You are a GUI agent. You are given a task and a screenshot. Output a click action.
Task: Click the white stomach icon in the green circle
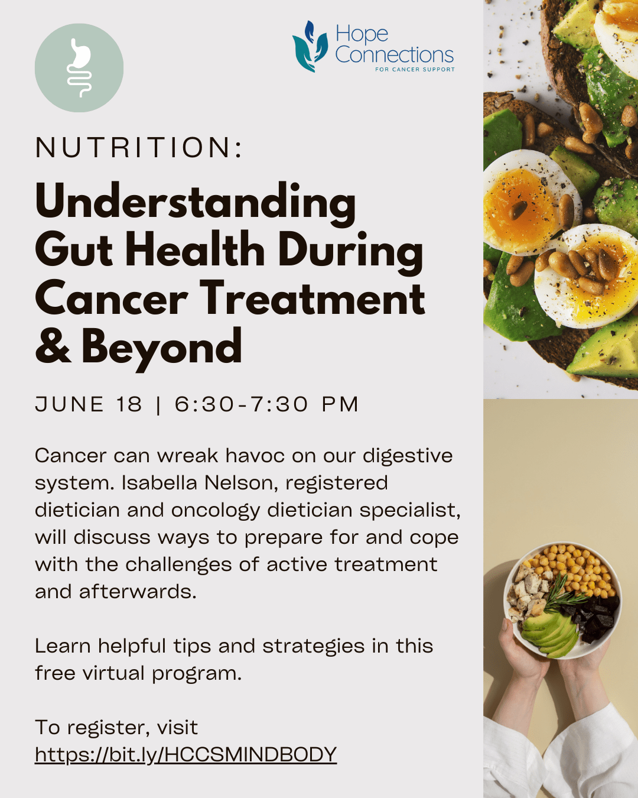point(79,68)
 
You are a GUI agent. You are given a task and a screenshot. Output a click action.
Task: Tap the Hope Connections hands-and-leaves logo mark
point(310,46)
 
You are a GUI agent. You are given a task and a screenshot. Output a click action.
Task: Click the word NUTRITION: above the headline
point(139,148)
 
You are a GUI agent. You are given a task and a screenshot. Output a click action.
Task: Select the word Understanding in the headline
point(196,203)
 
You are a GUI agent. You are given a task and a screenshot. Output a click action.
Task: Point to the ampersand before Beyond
point(53,345)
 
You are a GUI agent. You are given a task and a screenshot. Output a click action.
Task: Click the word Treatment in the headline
point(313,299)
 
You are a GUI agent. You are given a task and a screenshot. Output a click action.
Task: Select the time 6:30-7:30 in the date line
point(242,404)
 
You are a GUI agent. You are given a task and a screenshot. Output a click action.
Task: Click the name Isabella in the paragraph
point(159,483)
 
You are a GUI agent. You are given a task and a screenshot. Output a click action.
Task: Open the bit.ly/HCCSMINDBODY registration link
point(185,754)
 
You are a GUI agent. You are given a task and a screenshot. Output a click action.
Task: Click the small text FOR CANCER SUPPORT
point(415,69)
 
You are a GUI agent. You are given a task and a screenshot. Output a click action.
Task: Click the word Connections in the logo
point(395,55)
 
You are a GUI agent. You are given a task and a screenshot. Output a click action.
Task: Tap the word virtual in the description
point(113,673)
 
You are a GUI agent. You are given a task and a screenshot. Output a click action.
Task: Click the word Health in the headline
point(195,249)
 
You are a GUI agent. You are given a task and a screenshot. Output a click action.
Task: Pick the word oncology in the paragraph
point(216,511)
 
